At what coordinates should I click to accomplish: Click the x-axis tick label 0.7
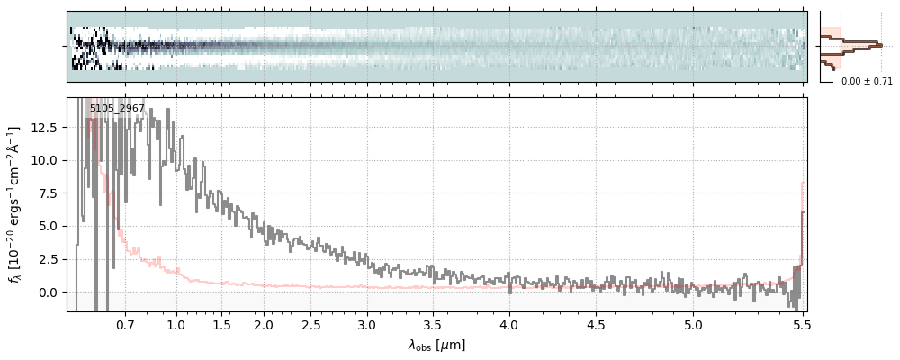pyautogui.click(x=125, y=324)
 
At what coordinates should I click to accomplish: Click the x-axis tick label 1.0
pyautogui.click(x=176, y=324)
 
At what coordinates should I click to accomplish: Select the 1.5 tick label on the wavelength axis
pyautogui.click(x=221, y=324)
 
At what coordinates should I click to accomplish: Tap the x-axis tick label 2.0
pyautogui.click(x=264, y=324)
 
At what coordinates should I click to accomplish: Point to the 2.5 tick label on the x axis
pyautogui.click(x=311, y=324)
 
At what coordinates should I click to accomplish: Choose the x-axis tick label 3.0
pyautogui.click(x=367, y=324)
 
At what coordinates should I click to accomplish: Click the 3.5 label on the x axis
pyautogui.click(x=433, y=324)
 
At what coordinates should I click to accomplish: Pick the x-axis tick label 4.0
pyautogui.click(x=509, y=324)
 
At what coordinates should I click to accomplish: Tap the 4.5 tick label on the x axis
pyautogui.click(x=596, y=324)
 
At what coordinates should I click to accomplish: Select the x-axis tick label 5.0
pyautogui.click(x=693, y=324)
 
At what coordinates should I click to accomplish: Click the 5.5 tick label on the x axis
pyautogui.click(x=800, y=324)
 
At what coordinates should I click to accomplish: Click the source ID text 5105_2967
pyautogui.click(x=117, y=109)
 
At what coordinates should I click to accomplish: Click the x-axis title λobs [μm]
pyautogui.click(x=436, y=345)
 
